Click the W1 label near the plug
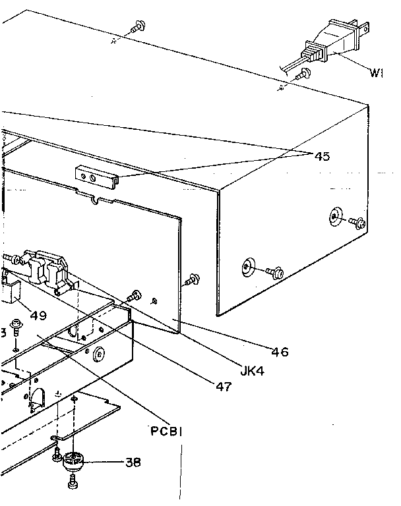click(377, 73)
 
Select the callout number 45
click(322, 157)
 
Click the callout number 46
click(280, 352)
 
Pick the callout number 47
click(224, 387)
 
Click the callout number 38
click(133, 462)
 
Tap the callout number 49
click(38, 315)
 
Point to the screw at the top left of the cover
click(139, 26)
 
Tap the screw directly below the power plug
click(305, 74)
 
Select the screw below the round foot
click(72, 487)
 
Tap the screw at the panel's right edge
click(193, 279)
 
